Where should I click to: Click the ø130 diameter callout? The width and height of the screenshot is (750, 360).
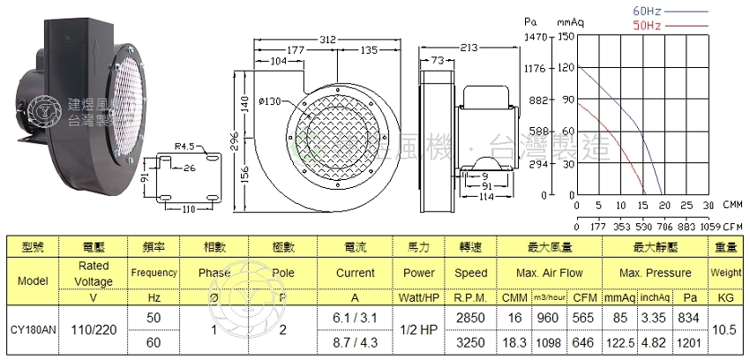tap(271, 102)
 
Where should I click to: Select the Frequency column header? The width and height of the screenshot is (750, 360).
tap(154, 274)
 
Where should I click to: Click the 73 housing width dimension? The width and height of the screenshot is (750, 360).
tap(437, 60)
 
